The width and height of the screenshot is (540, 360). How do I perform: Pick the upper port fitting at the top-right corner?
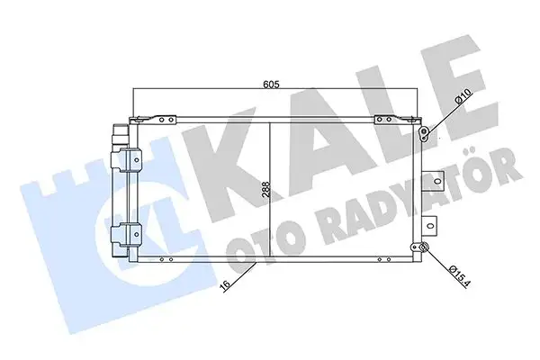424,135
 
